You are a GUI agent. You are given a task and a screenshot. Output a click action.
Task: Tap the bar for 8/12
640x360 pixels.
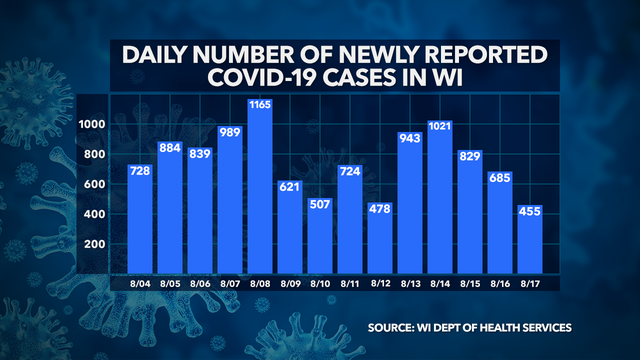(x=379, y=236)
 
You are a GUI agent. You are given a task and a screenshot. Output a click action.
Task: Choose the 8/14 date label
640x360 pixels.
(x=438, y=284)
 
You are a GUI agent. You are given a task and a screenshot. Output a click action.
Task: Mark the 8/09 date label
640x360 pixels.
(x=291, y=284)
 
